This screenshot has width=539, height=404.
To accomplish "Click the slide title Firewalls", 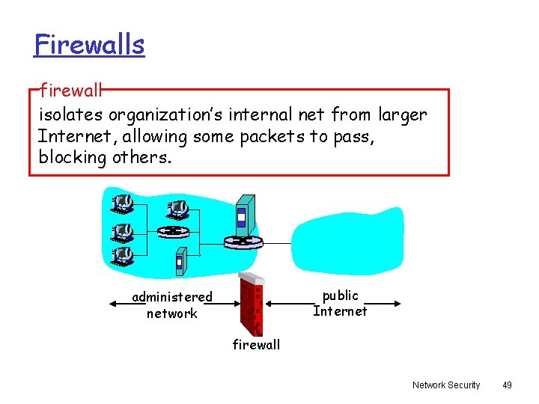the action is coord(89,45).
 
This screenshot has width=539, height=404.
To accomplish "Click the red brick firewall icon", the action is coord(252,304).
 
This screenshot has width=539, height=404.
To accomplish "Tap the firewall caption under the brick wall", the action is coord(256,344).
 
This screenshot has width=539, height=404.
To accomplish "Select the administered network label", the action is coord(172,305).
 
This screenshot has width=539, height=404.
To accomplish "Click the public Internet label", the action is coord(341,303).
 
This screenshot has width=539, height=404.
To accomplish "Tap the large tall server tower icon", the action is coord(244,214).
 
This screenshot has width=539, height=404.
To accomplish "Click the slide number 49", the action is coord(507,385).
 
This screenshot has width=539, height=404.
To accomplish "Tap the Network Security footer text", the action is coord(446,385).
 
